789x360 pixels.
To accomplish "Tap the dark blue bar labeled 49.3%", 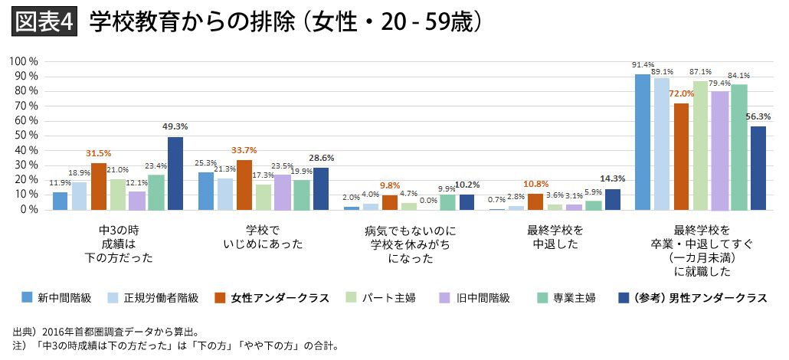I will tap(175, 173).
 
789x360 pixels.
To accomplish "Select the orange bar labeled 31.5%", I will tap(99, 186).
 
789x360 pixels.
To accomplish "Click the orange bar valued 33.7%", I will tap(244, 185).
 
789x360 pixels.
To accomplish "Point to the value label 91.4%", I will tap(643, 64).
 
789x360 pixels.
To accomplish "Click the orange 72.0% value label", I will tap(681, 94).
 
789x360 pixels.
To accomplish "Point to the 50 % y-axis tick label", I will tap(25, 135).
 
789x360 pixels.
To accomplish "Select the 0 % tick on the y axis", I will tap(28, 209).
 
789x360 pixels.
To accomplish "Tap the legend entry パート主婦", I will tap(390, 298).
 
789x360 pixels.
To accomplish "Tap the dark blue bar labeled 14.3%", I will tap(612, 199).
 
